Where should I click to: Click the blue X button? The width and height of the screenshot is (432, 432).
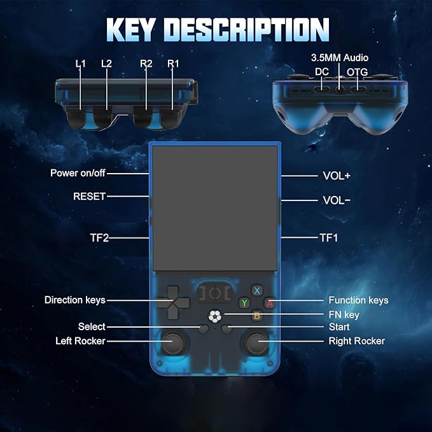pos(257,290)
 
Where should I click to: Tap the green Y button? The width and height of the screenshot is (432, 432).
pos(244,303)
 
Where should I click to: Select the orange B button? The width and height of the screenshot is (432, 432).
pos(257,316)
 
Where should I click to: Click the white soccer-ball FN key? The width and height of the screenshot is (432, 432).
pos(214,316)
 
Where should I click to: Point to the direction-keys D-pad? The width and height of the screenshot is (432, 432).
pos(173,302)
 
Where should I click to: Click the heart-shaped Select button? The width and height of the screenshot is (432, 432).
pos(204,329)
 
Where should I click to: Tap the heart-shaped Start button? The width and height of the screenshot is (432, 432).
pos(227,329)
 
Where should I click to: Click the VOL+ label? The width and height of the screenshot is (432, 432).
pos(337,176)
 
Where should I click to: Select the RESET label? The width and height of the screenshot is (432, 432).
pos(89,197)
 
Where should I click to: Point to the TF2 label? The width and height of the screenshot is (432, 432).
pos(99,238)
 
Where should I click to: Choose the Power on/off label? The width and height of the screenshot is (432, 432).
pos(78,173)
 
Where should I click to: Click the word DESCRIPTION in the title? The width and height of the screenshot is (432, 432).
pos(246,30)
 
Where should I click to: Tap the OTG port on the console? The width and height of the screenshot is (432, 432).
pos(358,89)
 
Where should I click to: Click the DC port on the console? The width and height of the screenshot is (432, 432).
pos(322,89)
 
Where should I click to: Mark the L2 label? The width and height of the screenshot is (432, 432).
pos(106,64)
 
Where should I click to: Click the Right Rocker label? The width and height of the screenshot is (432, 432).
pos(356,341)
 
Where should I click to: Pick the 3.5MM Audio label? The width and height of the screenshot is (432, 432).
pos(340,58)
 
